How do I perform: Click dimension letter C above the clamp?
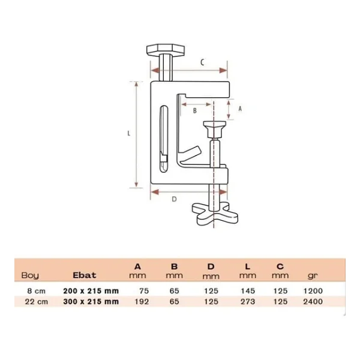(x=202, y=62)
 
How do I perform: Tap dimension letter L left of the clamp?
(x=129, y=133)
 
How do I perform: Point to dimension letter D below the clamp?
(x=174, y=199)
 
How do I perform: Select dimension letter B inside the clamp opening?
(x=195, y=110)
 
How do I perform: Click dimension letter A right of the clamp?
(x=240, y=109)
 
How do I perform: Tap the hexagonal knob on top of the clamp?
(x=166, y=50)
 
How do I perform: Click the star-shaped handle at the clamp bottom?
(x=215, y=214)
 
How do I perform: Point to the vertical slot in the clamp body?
(x=164, y=139)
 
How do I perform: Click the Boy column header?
(x=30, y=275)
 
